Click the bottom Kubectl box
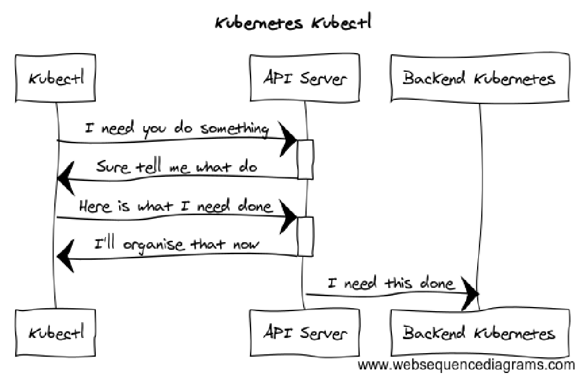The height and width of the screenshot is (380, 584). click(x=57, y=333)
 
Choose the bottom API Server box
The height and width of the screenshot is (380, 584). click(x=304, y=333)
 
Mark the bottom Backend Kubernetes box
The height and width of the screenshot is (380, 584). click(x=479, y=333)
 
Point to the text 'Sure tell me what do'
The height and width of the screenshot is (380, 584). click(x=176, y=167)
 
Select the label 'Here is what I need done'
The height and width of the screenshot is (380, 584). click(x=175, y=206)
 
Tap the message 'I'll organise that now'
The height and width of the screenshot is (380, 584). click(x=177, y=244)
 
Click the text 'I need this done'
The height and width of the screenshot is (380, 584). click(x=390, y=284)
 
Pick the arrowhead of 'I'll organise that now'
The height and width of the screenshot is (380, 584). click(x=66, y=256)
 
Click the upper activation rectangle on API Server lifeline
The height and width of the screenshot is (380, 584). click(x=305, y=159)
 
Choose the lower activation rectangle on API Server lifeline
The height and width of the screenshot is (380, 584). click(x=305, y=236)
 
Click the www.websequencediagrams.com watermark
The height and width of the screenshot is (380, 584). click(x=466, y=366)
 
